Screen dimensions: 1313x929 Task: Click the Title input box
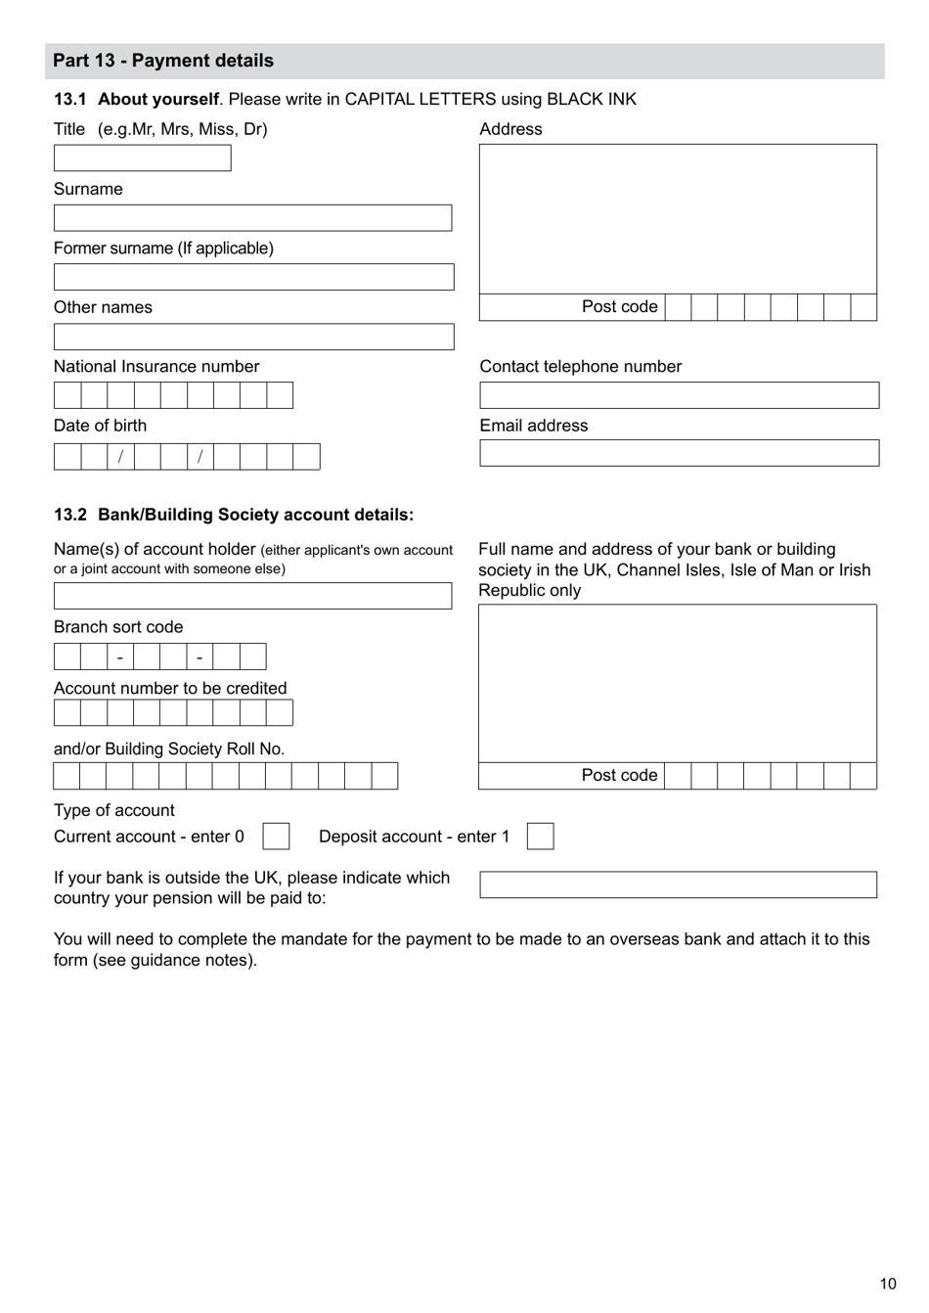click(142, 158)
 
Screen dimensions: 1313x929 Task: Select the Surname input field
click(252, 218)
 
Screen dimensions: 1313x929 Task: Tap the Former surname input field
click(253, 277)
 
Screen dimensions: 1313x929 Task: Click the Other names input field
click(253, 337)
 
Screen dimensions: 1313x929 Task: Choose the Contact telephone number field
click(679, 395)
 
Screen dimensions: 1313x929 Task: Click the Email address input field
click(679, 453)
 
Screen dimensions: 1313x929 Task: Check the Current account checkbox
click(276, 837)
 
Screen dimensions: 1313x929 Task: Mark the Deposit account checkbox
click(540, 837)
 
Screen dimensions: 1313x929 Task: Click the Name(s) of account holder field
click(252, 596)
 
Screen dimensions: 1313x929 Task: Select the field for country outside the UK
click(678, 885)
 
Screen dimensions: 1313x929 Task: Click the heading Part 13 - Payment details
click(163, 61)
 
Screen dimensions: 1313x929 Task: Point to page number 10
click(887, 1284)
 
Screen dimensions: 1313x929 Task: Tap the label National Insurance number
click(156, 367)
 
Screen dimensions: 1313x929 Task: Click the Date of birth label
click(100, 426)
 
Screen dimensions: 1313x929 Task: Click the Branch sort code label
click(118, 627)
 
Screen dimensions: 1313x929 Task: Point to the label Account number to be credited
click(170, 689)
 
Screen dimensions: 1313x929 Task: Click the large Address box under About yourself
click(678, 219)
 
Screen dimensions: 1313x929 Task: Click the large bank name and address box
click(677, 683)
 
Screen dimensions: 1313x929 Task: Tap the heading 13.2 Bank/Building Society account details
click(234, 515)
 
